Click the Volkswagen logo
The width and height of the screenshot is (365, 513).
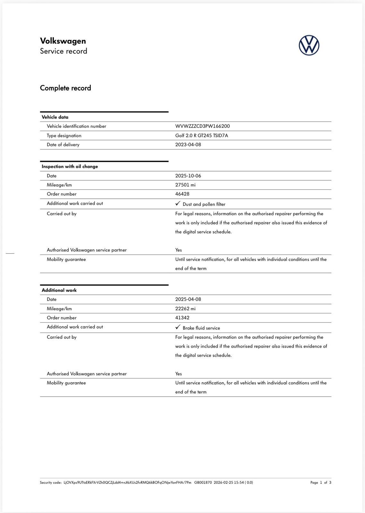pos(309,45)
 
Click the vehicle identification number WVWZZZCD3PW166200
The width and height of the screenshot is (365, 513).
pos(202,126)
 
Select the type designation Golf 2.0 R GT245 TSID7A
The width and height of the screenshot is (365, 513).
pos(201,136)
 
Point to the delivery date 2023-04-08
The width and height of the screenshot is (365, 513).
pos(188,145)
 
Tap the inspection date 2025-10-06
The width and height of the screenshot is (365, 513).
pos(188,176)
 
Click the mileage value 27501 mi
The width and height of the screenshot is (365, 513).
pos(185,185)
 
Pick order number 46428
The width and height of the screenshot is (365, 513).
pos(182,194)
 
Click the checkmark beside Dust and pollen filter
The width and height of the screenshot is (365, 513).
pos(178,204)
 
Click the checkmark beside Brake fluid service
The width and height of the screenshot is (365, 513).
pos(178,327)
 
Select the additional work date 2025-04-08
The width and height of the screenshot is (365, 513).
pos(188,299)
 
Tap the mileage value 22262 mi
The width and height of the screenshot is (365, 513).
pos(185,309)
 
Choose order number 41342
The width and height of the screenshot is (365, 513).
pos(182,318)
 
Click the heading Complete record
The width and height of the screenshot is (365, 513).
pos(65,88)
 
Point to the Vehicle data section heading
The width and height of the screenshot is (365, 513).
pos(55,117)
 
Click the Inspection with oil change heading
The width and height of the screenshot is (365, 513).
pos(70,167)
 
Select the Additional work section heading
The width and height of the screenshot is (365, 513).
pos(59,290)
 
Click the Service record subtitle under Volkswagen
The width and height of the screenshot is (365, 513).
pos(64,51)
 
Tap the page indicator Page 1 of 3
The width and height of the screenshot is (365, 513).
pos(320,483)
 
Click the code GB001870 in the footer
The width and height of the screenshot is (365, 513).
pos(203,483)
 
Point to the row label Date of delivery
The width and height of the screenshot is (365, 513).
pos(63,145)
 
